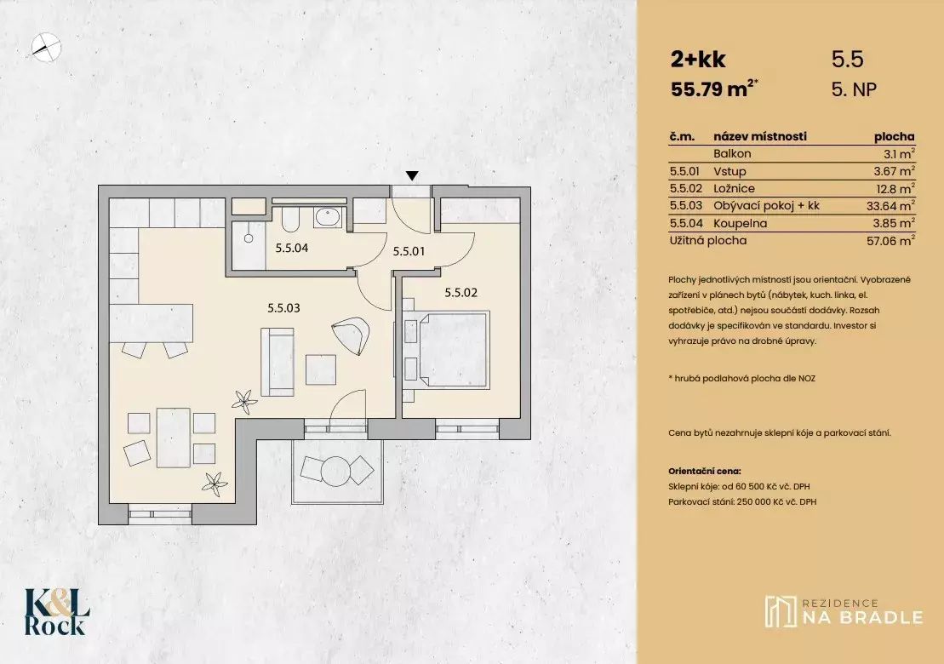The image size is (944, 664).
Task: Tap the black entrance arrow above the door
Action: pyautogui.click(x=412, y=175)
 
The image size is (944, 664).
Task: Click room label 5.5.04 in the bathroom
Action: pyautogui.click(x=292, y=248)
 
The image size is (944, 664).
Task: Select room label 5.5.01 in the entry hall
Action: pyautogui.click(x=409, y=251)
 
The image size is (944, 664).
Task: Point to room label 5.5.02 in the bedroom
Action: pyautogui.click(x=461, y=293)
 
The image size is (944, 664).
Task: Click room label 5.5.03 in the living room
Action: pyautogui.click(x=283, y=308)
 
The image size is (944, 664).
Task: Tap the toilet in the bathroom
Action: pyautogui.click(x=289, y=220)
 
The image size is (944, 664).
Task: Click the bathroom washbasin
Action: pyautogui.click(x=328, y=217)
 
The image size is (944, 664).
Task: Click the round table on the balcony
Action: pyautogui.click(x=335, y=470)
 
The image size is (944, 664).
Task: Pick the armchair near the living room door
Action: pyautogui.click(x=351, y=335)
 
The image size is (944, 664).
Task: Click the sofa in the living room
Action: pyautogui.click(x=277, y=362)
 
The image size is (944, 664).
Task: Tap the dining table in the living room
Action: pyautogui.click(x=174, y=438)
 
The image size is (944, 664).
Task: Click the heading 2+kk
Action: pyautogui.click(x=698, y=59)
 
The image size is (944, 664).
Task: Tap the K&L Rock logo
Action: pyautogui.click(x=57, y=612)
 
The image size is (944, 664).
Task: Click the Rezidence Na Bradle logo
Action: pyautogui.click(x=844, y=611)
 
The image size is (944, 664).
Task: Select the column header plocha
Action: pyautogui.click(x=894, y=137)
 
